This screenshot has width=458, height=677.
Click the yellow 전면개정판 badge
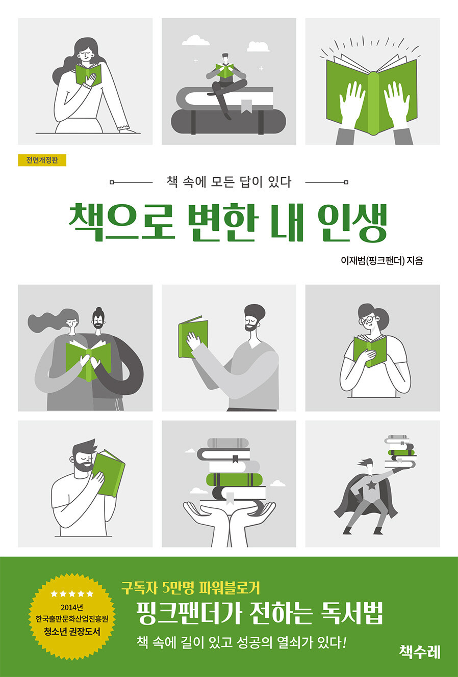tap(42, 160)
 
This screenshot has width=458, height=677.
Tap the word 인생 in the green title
tap(353, 223)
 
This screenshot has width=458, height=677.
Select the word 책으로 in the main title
tap(121, 223)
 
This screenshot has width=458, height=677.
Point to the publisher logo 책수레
tap(420, 652)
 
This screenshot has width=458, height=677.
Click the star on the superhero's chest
tap(370, 486)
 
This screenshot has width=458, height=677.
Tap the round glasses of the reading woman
tap(367, 320)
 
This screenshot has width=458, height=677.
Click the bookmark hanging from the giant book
tap(246, 106)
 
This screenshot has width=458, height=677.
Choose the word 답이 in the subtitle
tap(251, 182)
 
